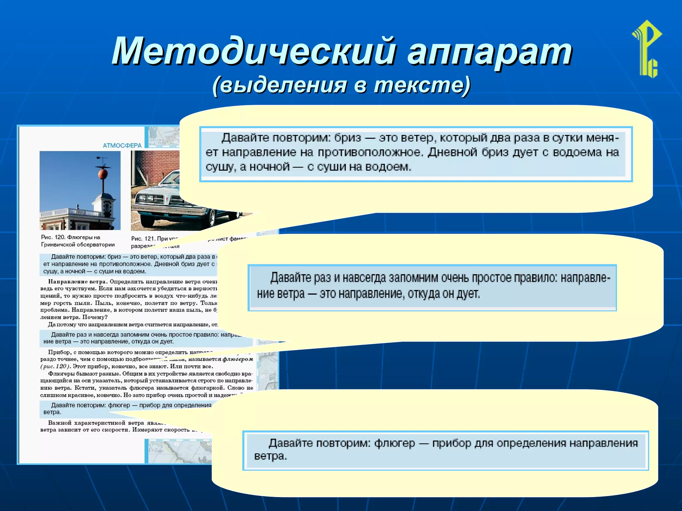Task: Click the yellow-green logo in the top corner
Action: (647, 49)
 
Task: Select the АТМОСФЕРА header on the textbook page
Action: (122, 145)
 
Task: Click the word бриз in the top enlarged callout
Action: (347, 138)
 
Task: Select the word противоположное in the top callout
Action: (370, 152)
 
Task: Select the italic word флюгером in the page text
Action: (238, 359)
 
